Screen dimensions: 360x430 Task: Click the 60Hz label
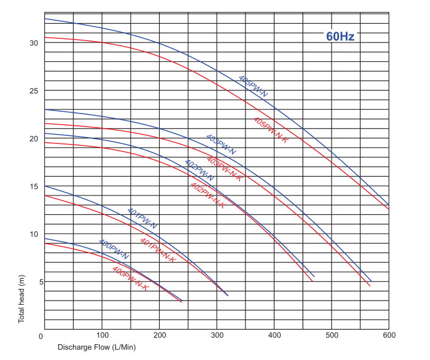click(340, 36)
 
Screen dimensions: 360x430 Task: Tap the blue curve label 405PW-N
click(253, 86)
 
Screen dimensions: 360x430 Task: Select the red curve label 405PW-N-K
click(270, 129)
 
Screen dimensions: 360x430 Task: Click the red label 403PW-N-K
click(224, 169)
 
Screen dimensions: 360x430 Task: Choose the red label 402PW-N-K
click(208, 195)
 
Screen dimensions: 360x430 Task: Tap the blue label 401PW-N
click(142, 218)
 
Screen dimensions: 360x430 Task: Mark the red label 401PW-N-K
click(158, 250)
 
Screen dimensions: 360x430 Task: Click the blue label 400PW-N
click(114, 249)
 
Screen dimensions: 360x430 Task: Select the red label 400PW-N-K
click(130, 278)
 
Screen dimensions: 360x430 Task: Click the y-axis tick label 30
click(33, 43)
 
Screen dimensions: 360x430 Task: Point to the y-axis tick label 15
click(33, 186)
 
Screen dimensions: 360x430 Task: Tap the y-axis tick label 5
click(36, 282)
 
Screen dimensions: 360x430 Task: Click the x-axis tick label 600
click(389, 335)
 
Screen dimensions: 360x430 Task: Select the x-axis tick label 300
click(217, 335)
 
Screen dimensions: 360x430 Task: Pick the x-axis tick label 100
click(102, 335)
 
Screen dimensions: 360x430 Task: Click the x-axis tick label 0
click(41, 336)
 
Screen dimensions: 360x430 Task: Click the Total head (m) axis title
click(21, 298)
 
